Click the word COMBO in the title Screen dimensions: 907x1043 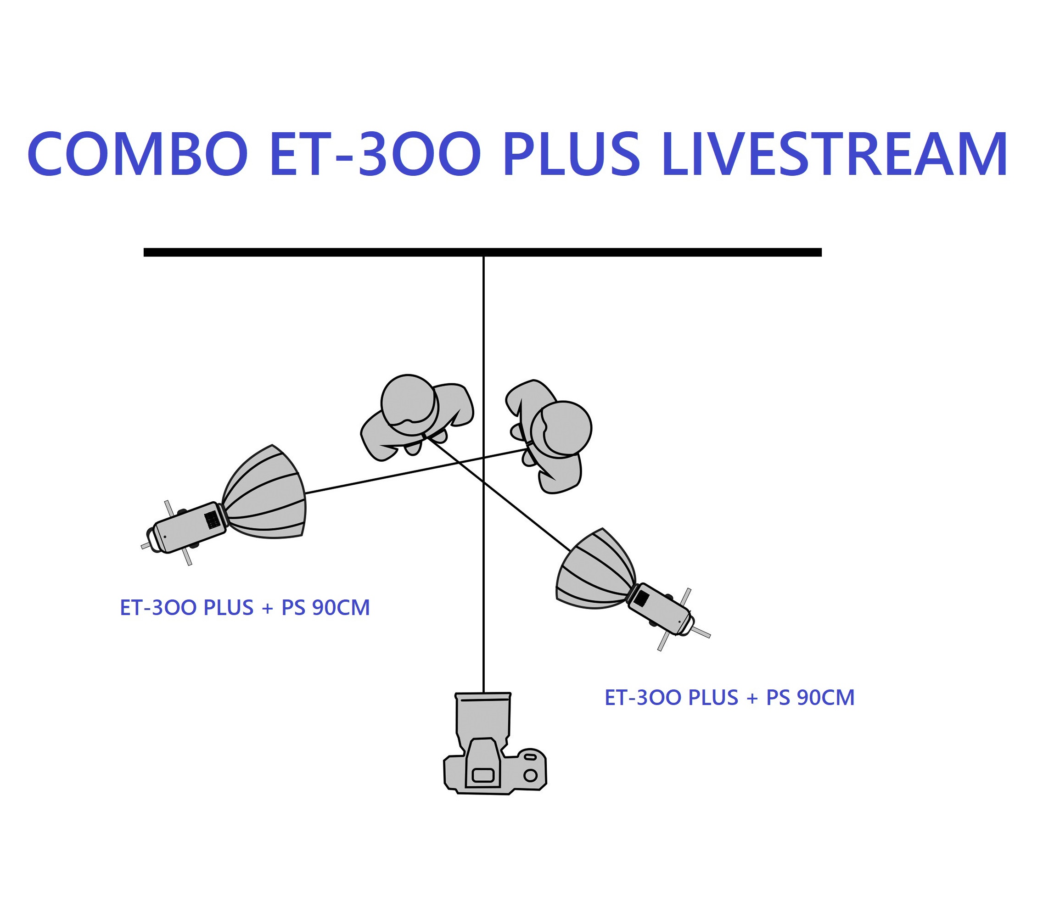pyautogui.click(x=137, y=154)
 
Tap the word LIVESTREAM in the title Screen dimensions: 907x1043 pyautogui.click(x=834, y=154)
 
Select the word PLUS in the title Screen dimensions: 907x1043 pyautogui.click(x=572, y=154)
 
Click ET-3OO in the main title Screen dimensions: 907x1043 pyautogui.click(x=375, y=154)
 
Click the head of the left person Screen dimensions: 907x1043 pyautogui.click(x=409, y=404)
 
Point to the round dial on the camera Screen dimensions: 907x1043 pyautogui.click(x=530, y=775)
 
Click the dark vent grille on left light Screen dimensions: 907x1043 pyautogui.click(x=212, y=519)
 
